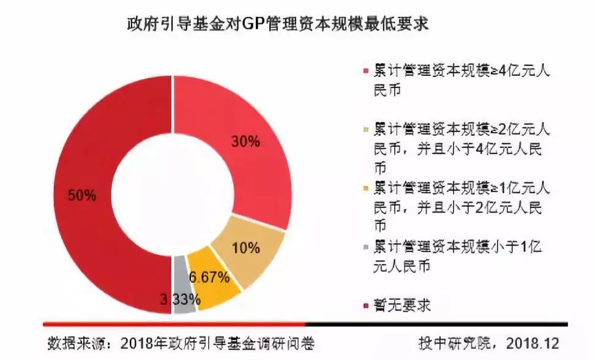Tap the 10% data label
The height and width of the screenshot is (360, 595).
coord(246,248)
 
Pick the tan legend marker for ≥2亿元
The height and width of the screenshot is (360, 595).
coord(365,130)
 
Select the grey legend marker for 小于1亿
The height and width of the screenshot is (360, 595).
coord(365,247)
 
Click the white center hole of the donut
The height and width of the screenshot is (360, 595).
coord(170,197)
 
